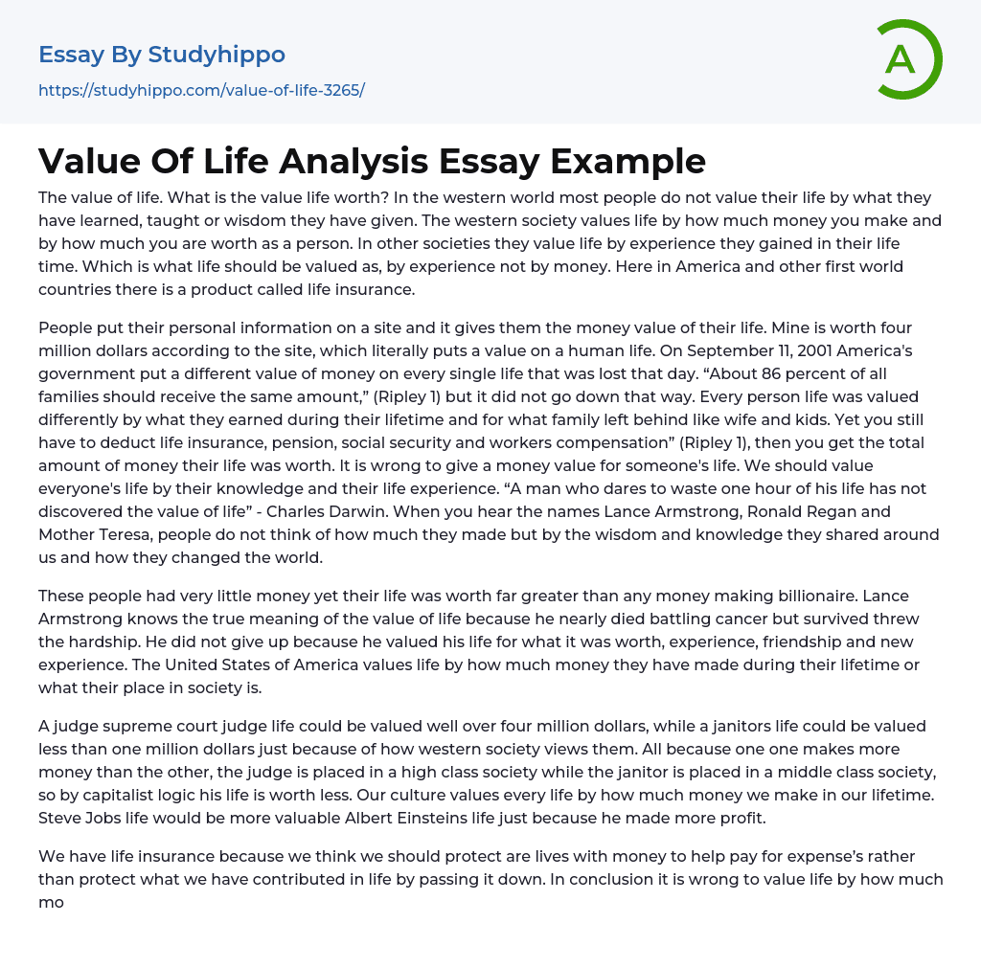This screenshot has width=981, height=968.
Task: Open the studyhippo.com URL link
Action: tap(201, 90)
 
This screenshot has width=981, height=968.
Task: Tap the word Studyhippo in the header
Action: tap(217, 55)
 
